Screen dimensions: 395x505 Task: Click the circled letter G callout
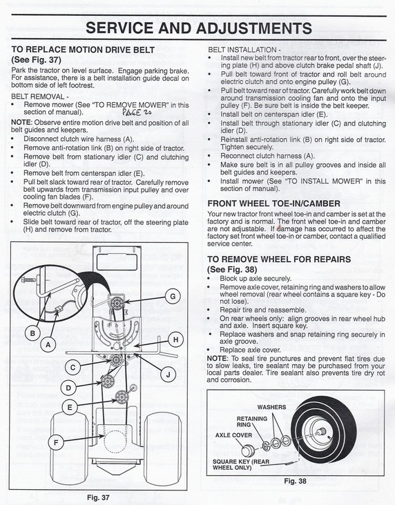click(173, 296)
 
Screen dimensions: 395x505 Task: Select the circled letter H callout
click(175, 340)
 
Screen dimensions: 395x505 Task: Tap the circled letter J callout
click(168, 375)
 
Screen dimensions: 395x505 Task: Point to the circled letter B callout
click(32, 333)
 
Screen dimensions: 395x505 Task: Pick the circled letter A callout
click(48, 345)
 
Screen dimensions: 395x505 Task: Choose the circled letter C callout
click(73, 368)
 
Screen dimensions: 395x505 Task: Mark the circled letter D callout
click(68, 388)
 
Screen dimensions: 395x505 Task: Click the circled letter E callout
click(70, 408)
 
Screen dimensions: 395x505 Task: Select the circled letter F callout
click(56, 443)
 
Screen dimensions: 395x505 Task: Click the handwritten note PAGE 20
click(137, 112)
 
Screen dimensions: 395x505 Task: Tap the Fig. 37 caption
click(98, 497)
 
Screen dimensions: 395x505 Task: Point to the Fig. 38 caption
click(295, 481)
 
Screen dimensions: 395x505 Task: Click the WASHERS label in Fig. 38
click(271, 407)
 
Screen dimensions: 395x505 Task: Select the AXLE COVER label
click(234, 435)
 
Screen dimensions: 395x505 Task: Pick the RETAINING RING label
click(252, 422)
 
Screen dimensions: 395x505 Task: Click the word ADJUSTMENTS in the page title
click(253, 28)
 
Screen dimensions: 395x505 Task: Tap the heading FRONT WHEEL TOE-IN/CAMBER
click(273, 204)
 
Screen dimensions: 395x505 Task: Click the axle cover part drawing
click(249, 450)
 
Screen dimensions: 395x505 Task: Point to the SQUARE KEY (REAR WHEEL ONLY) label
click(241, 464)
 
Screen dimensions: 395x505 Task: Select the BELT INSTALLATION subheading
click(244, 50)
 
